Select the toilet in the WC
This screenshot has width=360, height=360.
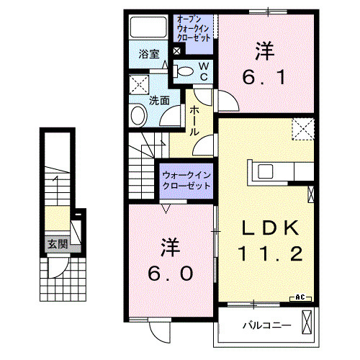point(185,71)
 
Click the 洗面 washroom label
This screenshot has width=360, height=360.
point(159,101)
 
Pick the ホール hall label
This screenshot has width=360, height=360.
point(195,121)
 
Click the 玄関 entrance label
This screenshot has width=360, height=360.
point(58,244)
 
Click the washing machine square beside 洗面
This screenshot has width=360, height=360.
point(140,84)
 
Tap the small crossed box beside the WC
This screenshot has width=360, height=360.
point(177,51)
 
